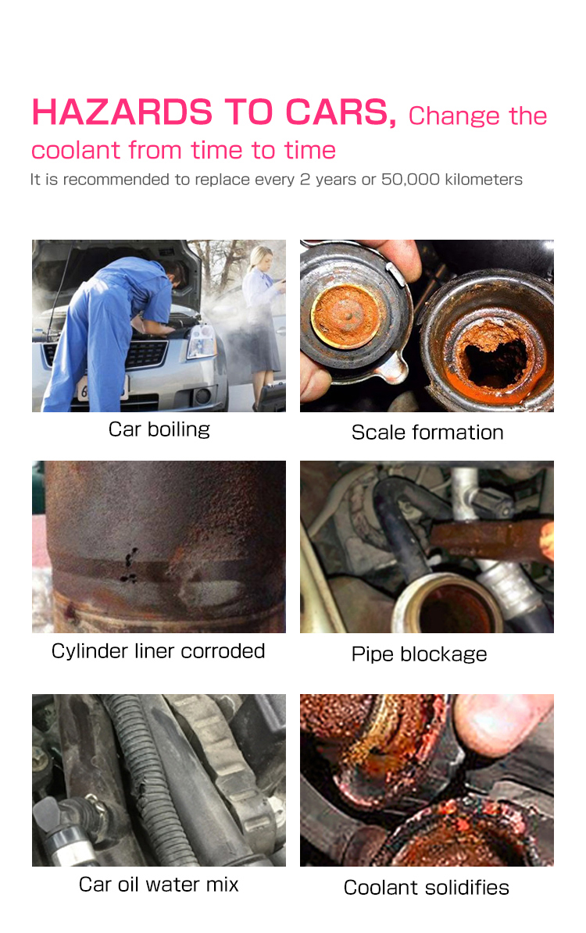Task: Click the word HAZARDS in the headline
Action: pos(122,112)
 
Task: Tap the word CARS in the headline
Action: pos(340,113)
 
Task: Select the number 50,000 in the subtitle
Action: pos(410,180)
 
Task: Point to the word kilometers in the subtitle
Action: pos(484,179)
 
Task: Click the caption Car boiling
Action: pos(159,429)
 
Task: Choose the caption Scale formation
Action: pos(427,433)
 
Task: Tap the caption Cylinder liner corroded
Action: pos(158,651)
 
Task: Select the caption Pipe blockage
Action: pos(420,654)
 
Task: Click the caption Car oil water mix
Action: pos(159,885)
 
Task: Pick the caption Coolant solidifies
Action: pos(427,887)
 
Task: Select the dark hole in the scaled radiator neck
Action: pos(495,358)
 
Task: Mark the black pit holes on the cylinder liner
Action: pos(129,566)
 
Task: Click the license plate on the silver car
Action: pos(102,389)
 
